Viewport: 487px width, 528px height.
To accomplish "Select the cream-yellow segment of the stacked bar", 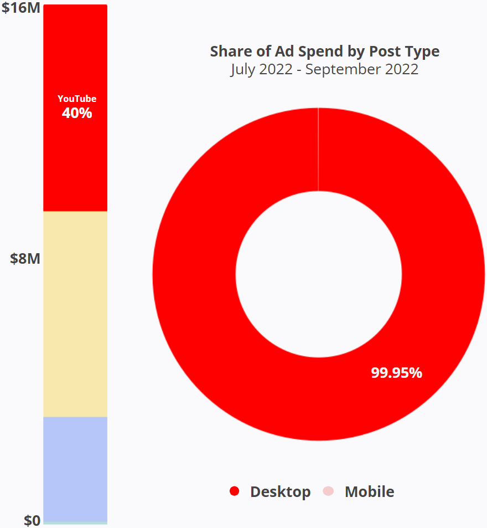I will click(75, 314).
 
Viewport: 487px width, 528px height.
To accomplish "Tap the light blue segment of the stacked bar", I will click(75, 469).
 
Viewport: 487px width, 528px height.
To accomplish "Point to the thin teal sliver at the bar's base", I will click(75, 522).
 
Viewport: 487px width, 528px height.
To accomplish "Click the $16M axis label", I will click(20, 9).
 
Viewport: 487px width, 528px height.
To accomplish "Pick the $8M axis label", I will click(25, 258).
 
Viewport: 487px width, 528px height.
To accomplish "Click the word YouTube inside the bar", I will click(77, 99).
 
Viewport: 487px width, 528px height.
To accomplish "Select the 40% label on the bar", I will click(77, 113).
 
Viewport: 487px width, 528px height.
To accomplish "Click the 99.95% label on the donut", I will click(396, 373).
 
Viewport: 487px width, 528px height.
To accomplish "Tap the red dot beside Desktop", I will click(234, 491).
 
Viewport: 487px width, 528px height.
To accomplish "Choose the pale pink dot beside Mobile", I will click(328, 491).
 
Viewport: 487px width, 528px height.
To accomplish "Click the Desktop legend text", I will click(280, 491).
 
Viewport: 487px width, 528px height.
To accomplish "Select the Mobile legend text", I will click(369, 491).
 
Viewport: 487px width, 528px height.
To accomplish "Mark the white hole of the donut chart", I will click(319, 274).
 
